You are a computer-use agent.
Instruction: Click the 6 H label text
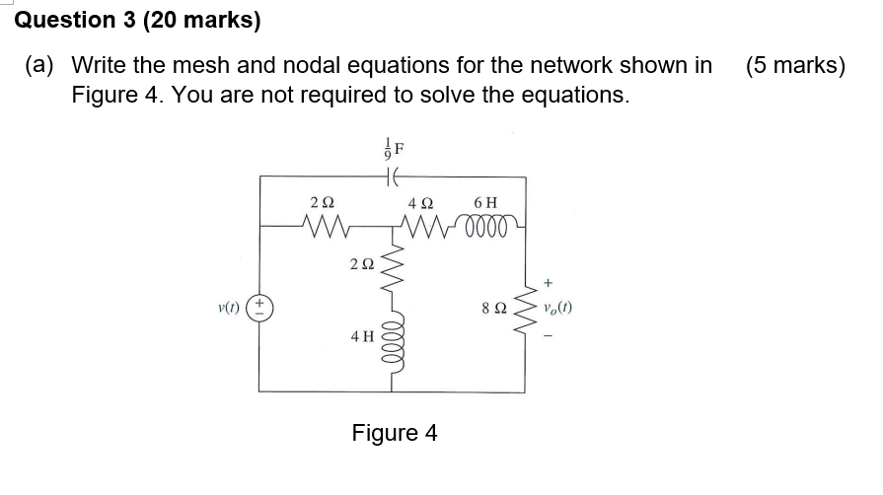(x=485, y=203)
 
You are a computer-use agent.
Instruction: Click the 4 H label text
(x=362, y=336)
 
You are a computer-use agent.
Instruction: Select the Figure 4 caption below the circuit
(x=394, y=433)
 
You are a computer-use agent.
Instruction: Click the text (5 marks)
(x=795, y=66)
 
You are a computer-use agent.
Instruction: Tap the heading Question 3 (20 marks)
(x=137, y=20)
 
